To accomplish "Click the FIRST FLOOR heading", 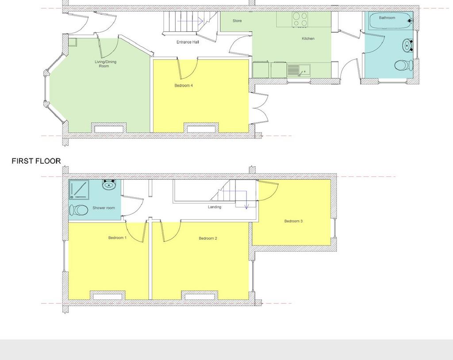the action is coord(36,161).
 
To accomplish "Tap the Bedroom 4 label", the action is coord(184,85).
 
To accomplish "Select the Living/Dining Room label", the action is coord(105,64).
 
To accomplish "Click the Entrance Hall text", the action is coord(188,42).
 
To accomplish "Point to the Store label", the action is coord(237,21).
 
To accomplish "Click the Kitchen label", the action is coord(308,38).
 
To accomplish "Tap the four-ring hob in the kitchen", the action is coord(300,19).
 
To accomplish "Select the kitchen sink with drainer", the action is coord(299,70).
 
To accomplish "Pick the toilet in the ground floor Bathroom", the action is coord(403,65).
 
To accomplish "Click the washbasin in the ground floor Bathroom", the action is coord(408,46).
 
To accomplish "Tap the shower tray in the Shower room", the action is coord(79,189).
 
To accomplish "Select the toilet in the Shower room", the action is coord(79,210).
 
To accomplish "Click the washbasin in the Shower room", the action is coord(109,184).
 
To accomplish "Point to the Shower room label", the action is coord(104,208).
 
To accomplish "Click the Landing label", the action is coord(215,207).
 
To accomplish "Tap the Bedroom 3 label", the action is coord(294,221).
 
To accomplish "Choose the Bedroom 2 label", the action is coord(208,238).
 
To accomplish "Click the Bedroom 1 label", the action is coord(117,238).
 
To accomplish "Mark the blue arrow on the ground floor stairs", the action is coord(190,21).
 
